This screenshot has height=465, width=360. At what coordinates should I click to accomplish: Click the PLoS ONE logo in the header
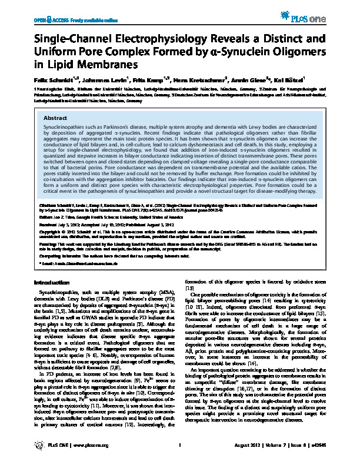tap(321, 12)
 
